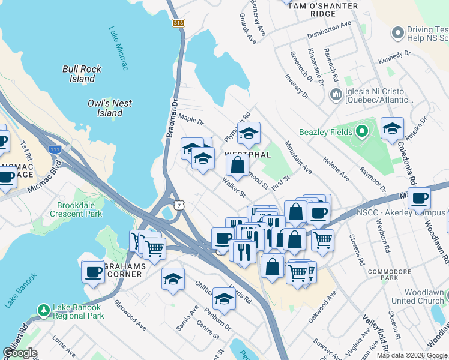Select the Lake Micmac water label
coord(119,48)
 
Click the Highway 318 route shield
coord(178,23)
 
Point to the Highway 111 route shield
coord(55,149)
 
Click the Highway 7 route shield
coord(178,205)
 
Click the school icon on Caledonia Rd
coord(392,128)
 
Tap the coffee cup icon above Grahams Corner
coord(93,271)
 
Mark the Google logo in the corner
coord(20,353)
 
